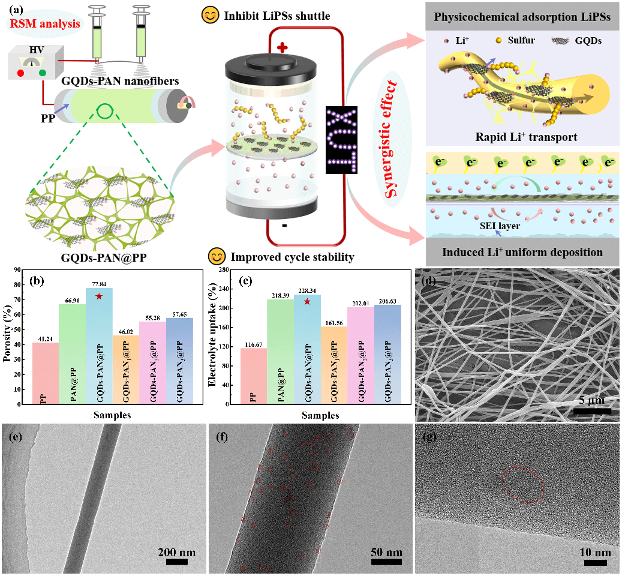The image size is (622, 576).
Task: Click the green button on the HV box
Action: [x=43, y=73]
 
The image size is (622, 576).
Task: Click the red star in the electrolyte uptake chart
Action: [x=307, y=301]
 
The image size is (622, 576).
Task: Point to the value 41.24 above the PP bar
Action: [x=49, y=338]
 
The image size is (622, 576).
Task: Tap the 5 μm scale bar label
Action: [x=591, y=400]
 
